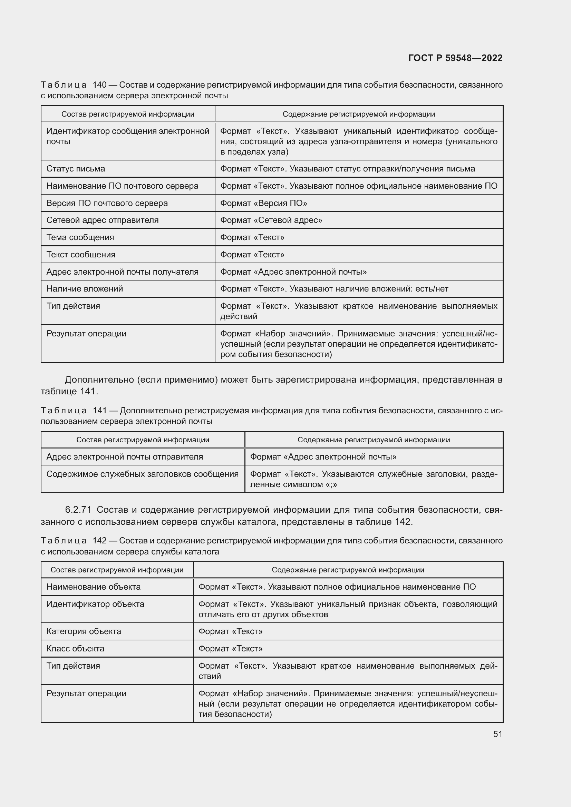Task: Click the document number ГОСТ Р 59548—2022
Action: point(455,58)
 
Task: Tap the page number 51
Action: point(497,734)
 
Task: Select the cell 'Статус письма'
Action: point(76,169)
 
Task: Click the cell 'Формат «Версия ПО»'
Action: point(263,203)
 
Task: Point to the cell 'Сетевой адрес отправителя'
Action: point(102,220)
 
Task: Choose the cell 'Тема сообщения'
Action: point(80,237)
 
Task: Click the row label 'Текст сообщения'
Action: point(81,255)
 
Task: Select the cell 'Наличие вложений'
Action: point(85,288)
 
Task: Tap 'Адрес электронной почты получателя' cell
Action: point(122,272)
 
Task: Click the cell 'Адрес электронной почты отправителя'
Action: point(125,456)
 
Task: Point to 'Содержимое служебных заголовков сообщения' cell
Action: point(142,474)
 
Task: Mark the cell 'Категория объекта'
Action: point(84,631)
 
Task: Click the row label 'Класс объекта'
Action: point(75,649)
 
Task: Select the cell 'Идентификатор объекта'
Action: point(95,604)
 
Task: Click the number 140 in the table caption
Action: point(99,85)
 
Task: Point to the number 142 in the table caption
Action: point(99,541)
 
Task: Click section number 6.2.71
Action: point(78,510)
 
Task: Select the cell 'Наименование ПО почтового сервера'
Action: point(122,186)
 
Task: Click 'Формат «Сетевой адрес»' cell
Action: point(271,220)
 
